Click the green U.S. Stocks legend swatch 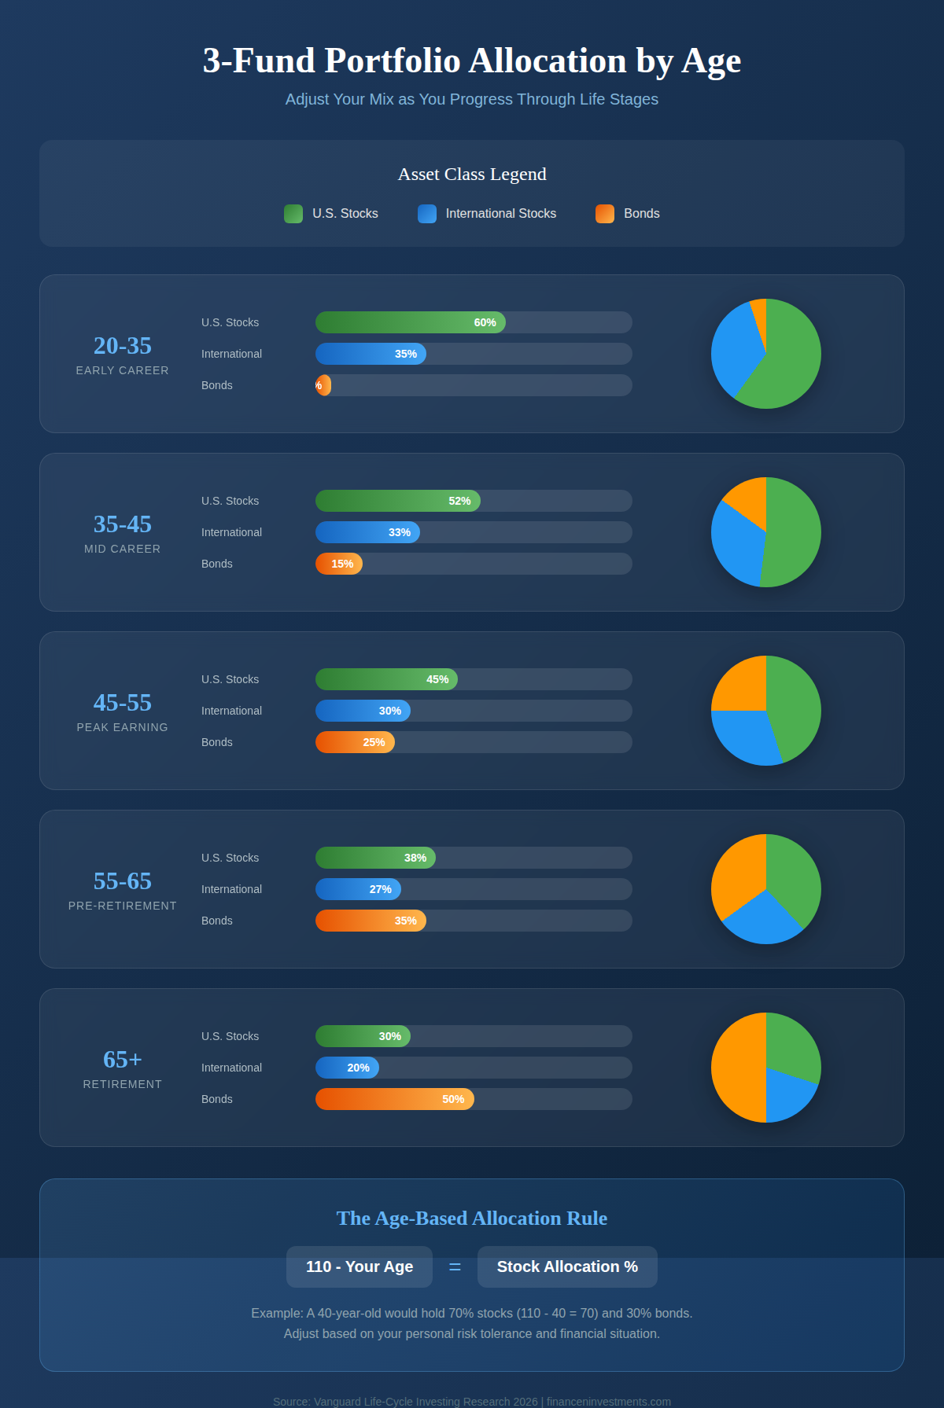293,214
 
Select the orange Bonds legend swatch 605,214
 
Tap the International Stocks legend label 500,214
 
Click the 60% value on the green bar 485,322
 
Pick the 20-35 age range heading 123,346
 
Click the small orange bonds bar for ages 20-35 323,385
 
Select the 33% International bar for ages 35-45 367,532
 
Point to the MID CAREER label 123,549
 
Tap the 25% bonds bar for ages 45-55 355,742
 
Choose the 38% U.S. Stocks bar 375,858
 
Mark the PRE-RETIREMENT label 123,906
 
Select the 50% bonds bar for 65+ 394,1099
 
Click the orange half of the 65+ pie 736,1068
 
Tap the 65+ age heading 123,1060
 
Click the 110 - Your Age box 360,1266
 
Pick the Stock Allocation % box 567,1266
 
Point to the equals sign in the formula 455,1267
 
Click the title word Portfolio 393,61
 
